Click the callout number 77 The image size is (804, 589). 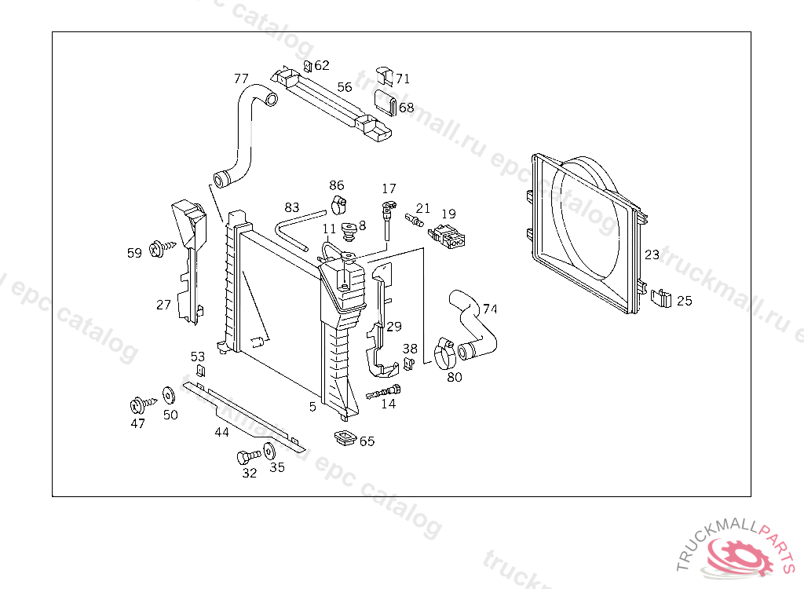click(x=241, y=79)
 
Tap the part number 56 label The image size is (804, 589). click(x=345, y=87)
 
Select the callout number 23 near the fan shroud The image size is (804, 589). click(x=652, y=254)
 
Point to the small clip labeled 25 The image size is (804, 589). click(x=662, y=298)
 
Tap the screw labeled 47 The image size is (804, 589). click(x=138, y=406)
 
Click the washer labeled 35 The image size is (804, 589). click(x=269, y=452)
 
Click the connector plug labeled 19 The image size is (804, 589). click(x=445, y=235)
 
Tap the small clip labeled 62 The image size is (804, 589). click(x=308, y=65)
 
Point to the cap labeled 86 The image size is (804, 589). click(x=338, y=204)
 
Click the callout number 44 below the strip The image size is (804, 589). click(x=222, y=431)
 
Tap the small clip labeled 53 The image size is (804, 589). click(x=200, y=371)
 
